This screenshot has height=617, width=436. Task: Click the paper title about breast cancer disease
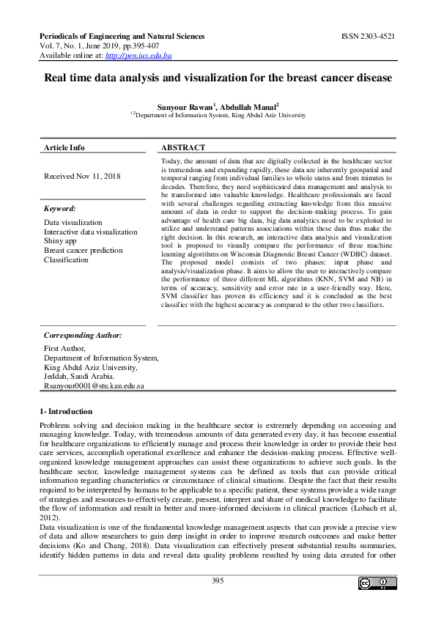click(218, 77)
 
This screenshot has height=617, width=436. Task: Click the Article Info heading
click(64, 147)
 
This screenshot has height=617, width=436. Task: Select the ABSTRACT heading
click(183, 147)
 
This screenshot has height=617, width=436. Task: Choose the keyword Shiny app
click(62, 241)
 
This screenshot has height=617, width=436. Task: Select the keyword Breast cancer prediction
click(84, 251)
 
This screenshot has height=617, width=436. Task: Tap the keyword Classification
click(66, 260)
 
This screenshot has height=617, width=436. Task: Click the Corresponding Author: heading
click(83, 335)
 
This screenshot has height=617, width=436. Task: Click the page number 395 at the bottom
click(218, 580)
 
